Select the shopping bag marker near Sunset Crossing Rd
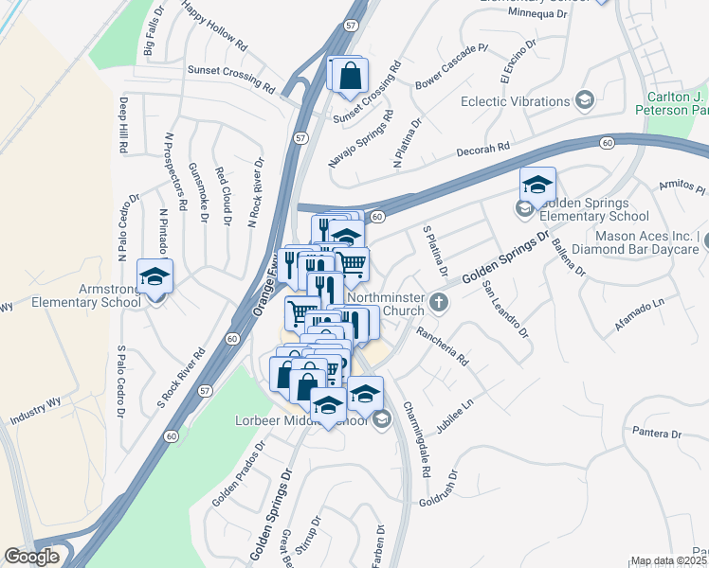tap(349, 75)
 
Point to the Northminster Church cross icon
tap(438, 302)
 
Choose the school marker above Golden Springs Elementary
tap(537, 185)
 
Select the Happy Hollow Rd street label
tap(214, 28)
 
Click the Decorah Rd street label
tap(483, 148)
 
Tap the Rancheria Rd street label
tap(444, 346)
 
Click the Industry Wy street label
tap(35, 410)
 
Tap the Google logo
tap(31, 557)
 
